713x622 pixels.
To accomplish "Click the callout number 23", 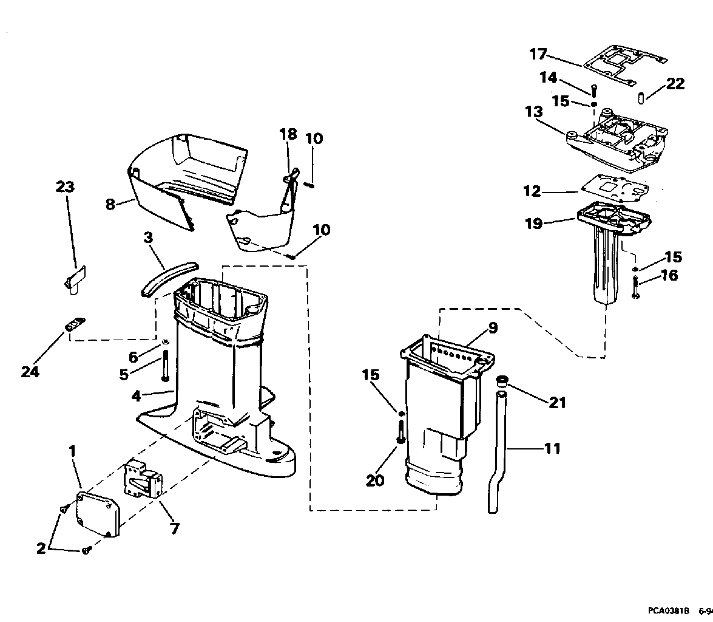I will point(65,187).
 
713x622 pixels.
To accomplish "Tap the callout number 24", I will point(30,371).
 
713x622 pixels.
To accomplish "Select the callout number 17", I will point(538,54).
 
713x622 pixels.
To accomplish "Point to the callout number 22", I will point(675,84).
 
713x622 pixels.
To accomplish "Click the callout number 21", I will point(558,402).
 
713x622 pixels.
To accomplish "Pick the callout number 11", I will point(553,448).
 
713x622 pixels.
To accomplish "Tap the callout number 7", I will point(175,528).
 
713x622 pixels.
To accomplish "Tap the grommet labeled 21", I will point(502,383).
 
